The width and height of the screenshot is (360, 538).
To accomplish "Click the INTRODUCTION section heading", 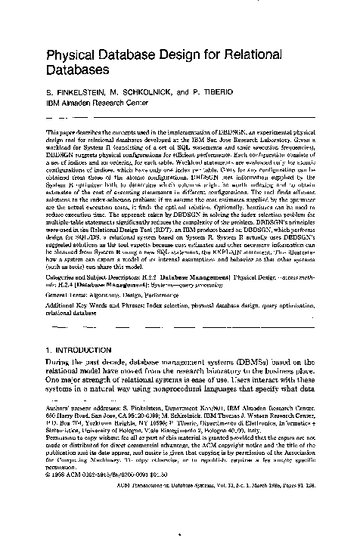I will pos(88,351).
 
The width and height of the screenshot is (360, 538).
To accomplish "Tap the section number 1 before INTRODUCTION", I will pos(49,351).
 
